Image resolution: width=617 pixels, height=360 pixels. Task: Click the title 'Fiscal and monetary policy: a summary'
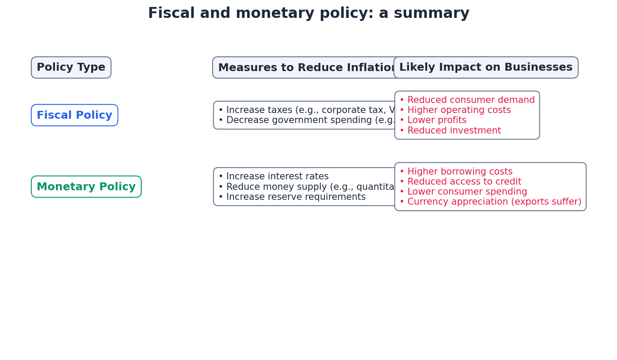point(308,14)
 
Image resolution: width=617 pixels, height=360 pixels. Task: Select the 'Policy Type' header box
point(71,68)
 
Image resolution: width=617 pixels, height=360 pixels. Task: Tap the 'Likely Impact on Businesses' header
point(486,68)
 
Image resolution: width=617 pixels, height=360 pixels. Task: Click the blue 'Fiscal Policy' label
point(75,115)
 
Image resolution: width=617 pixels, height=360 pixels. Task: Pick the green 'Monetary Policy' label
point(86,187)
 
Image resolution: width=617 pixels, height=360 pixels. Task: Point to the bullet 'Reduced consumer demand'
point(467,100)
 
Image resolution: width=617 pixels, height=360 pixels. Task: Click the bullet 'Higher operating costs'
point(455,110)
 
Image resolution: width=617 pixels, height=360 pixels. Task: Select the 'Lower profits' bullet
point(433,120)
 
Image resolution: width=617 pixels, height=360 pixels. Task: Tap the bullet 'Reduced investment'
point(450,131)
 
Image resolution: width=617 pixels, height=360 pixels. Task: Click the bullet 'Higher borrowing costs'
point(456,172)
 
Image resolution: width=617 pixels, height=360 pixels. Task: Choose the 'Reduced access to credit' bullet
point(460,182)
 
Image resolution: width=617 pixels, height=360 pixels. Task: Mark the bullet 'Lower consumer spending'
point(463,192)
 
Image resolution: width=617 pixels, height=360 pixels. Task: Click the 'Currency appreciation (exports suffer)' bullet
point(490,202)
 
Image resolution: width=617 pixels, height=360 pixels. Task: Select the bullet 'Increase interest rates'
point(274,177)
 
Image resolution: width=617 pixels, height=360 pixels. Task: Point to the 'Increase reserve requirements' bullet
point(292,197)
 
